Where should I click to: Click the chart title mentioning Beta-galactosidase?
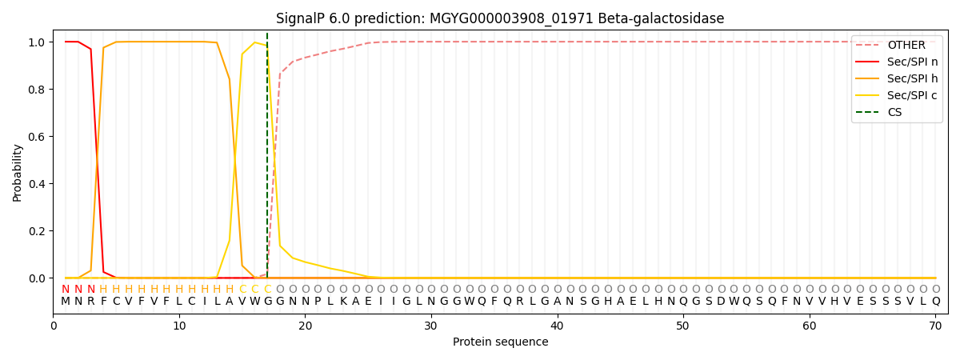click(500, 18)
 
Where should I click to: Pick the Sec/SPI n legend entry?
click(912, 62)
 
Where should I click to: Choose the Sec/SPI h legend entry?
click(912, 78)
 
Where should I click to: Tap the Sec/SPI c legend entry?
click(912, 95)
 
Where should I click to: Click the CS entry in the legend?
click(894, 112)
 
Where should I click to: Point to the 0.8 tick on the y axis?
click(37, 89)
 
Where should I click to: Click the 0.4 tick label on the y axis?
click(37, 184)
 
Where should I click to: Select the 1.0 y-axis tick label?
click(37, 42)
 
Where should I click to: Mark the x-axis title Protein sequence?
click(500, 342)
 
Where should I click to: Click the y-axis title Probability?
click(18, 172)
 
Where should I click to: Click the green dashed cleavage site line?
click(267, 160)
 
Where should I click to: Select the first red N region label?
click(66, 290)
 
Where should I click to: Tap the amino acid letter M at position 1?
click(66, 302)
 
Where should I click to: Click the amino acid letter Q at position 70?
click(935, 302)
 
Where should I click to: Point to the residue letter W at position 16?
click(254, 302)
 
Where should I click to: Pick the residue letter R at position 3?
click(90, 302)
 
